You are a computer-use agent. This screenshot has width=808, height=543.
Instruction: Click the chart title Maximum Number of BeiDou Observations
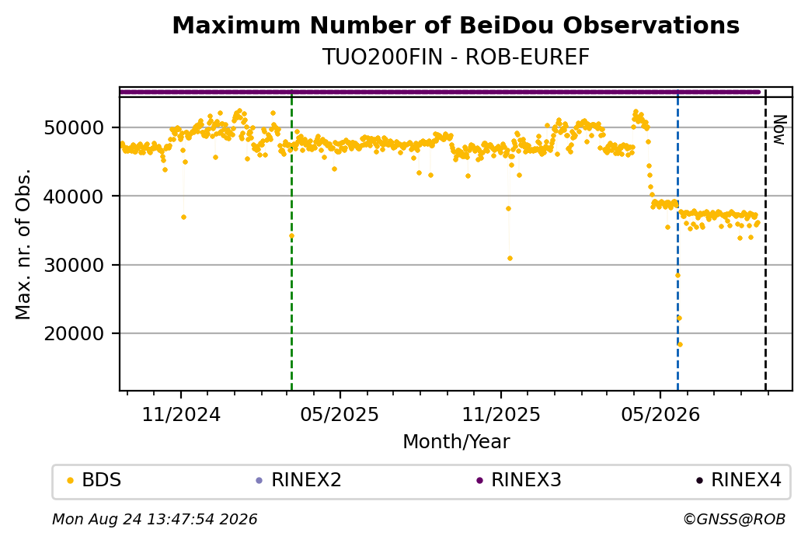coord(455,25)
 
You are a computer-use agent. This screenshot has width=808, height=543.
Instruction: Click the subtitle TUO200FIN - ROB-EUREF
coord(455,57)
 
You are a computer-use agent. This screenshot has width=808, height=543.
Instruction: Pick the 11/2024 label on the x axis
coord(181,414)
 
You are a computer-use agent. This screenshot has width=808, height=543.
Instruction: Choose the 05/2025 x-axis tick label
coord(340,414)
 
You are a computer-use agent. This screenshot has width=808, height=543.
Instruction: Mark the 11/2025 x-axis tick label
coord(501,414)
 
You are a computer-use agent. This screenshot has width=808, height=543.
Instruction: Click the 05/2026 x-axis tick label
coord(660,414)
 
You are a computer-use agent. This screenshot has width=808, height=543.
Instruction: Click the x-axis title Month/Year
coord(456,441)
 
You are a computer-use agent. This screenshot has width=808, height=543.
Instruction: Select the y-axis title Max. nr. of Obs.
coord(23,244)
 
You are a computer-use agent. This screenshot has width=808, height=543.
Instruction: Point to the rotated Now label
coord(780,130)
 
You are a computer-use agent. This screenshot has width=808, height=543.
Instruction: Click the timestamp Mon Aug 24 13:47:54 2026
coord(155,519)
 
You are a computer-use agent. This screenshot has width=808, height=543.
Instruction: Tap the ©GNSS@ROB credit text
coord(734,519)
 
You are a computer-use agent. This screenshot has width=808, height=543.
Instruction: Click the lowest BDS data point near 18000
coord(681,345)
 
